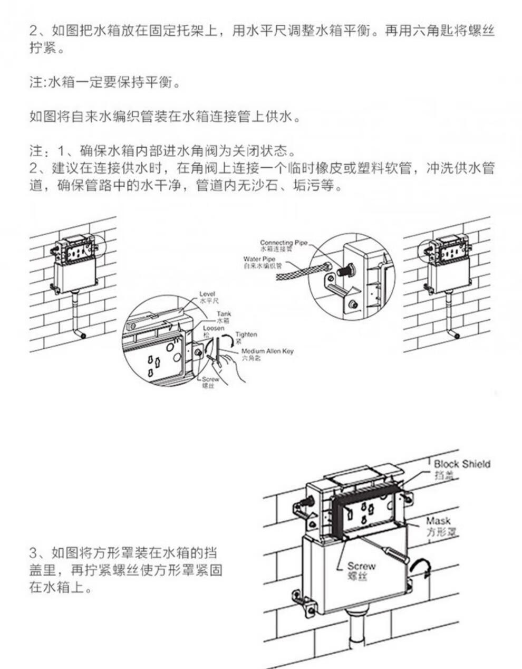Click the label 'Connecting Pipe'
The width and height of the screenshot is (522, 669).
[x=283, y=242]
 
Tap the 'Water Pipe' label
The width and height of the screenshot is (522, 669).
[x=259, y=259]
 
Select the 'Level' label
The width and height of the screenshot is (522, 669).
[x=207, y=294]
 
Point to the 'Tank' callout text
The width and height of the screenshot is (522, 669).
[x=224, y=314]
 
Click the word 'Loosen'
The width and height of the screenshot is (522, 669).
[x=213, y=328]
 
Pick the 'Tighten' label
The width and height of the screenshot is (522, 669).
[x=246, y=334]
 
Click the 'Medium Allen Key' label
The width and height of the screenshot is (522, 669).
[x=267, y=351]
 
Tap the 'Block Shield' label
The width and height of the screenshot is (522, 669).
[x=462, y=464]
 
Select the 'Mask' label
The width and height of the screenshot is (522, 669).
[x=439, y=521]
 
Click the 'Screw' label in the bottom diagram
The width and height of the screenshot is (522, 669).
[x=361, y=566]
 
